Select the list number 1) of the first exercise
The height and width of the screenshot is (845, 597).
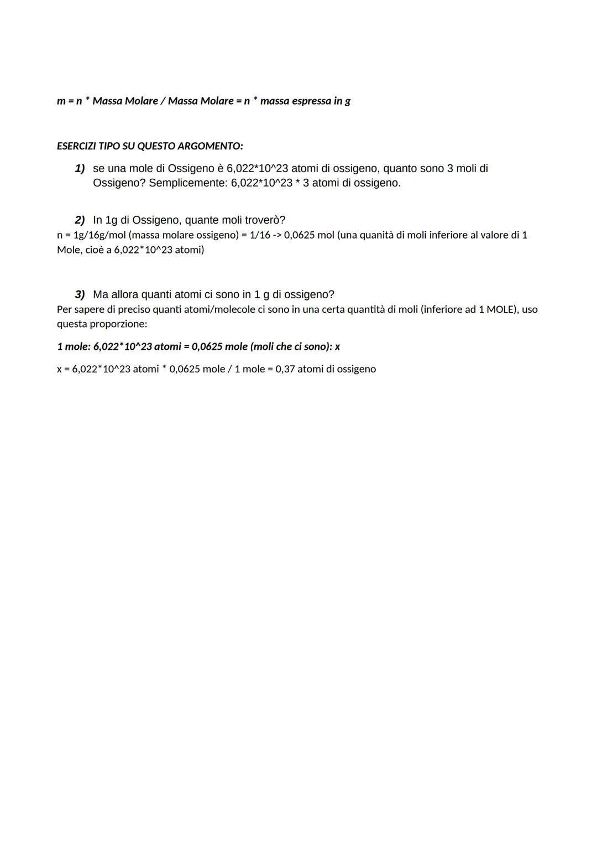[80, 168]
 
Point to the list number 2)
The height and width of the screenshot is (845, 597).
[80, 220]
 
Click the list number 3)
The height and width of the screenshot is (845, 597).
[80, 294]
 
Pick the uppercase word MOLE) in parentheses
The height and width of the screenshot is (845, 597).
[503, 309]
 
